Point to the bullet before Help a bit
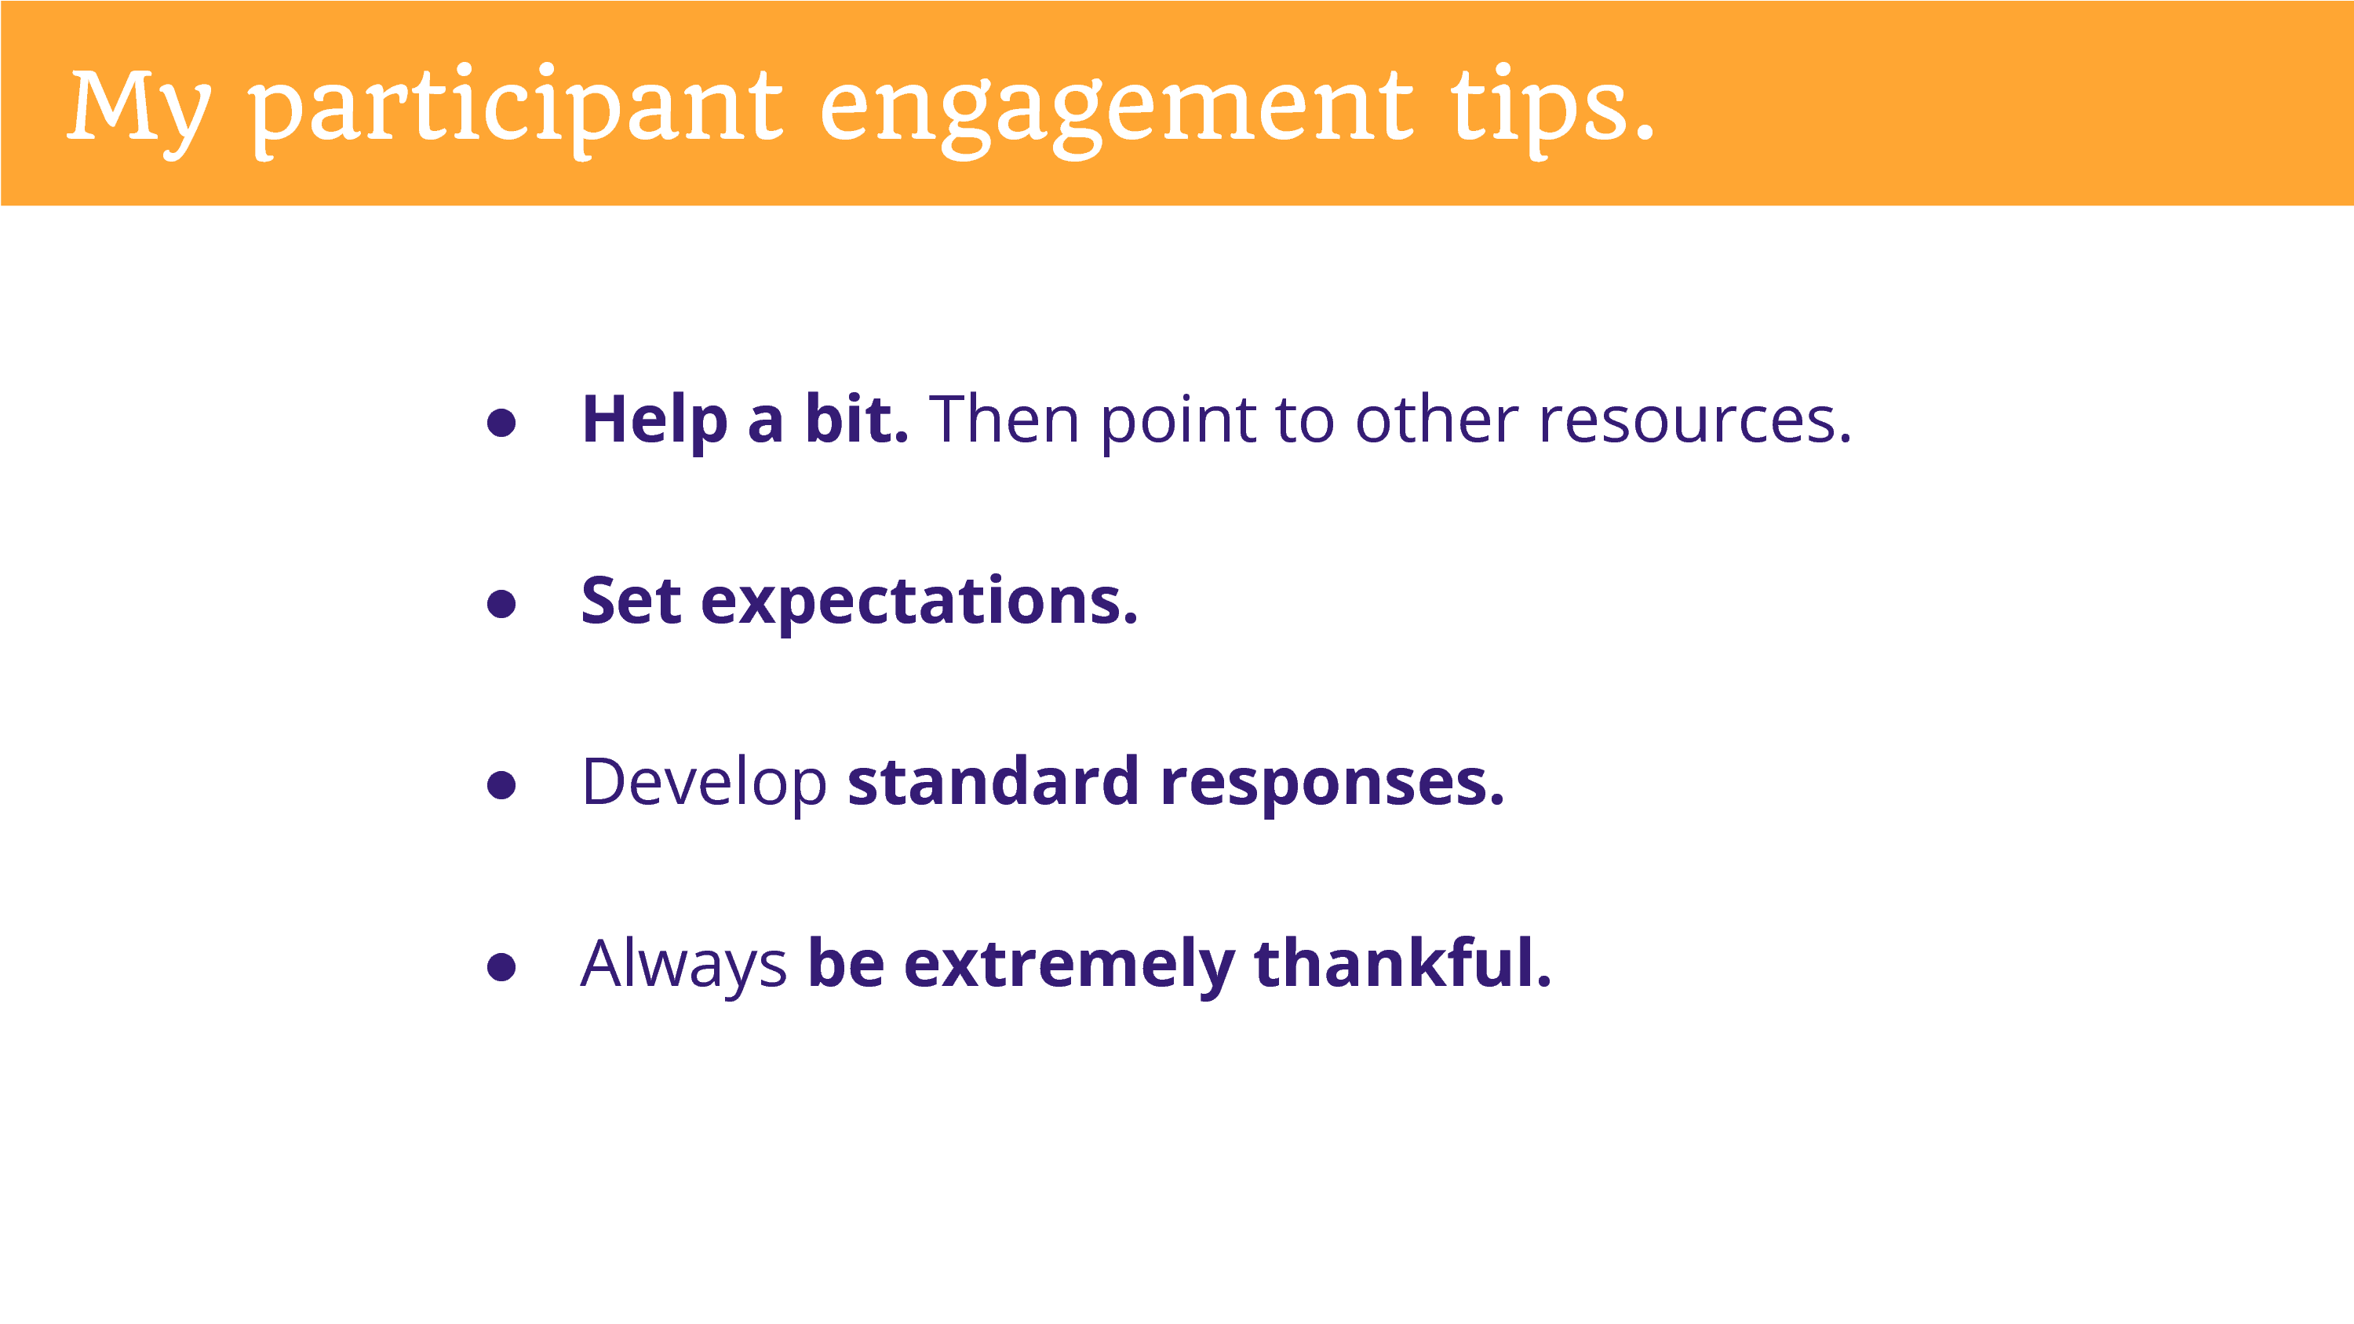tap(501, 422)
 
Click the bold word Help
tap(654, 420)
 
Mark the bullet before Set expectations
tap(501, 603)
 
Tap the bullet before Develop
tap(501, 784)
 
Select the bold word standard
tap(993, 781)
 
